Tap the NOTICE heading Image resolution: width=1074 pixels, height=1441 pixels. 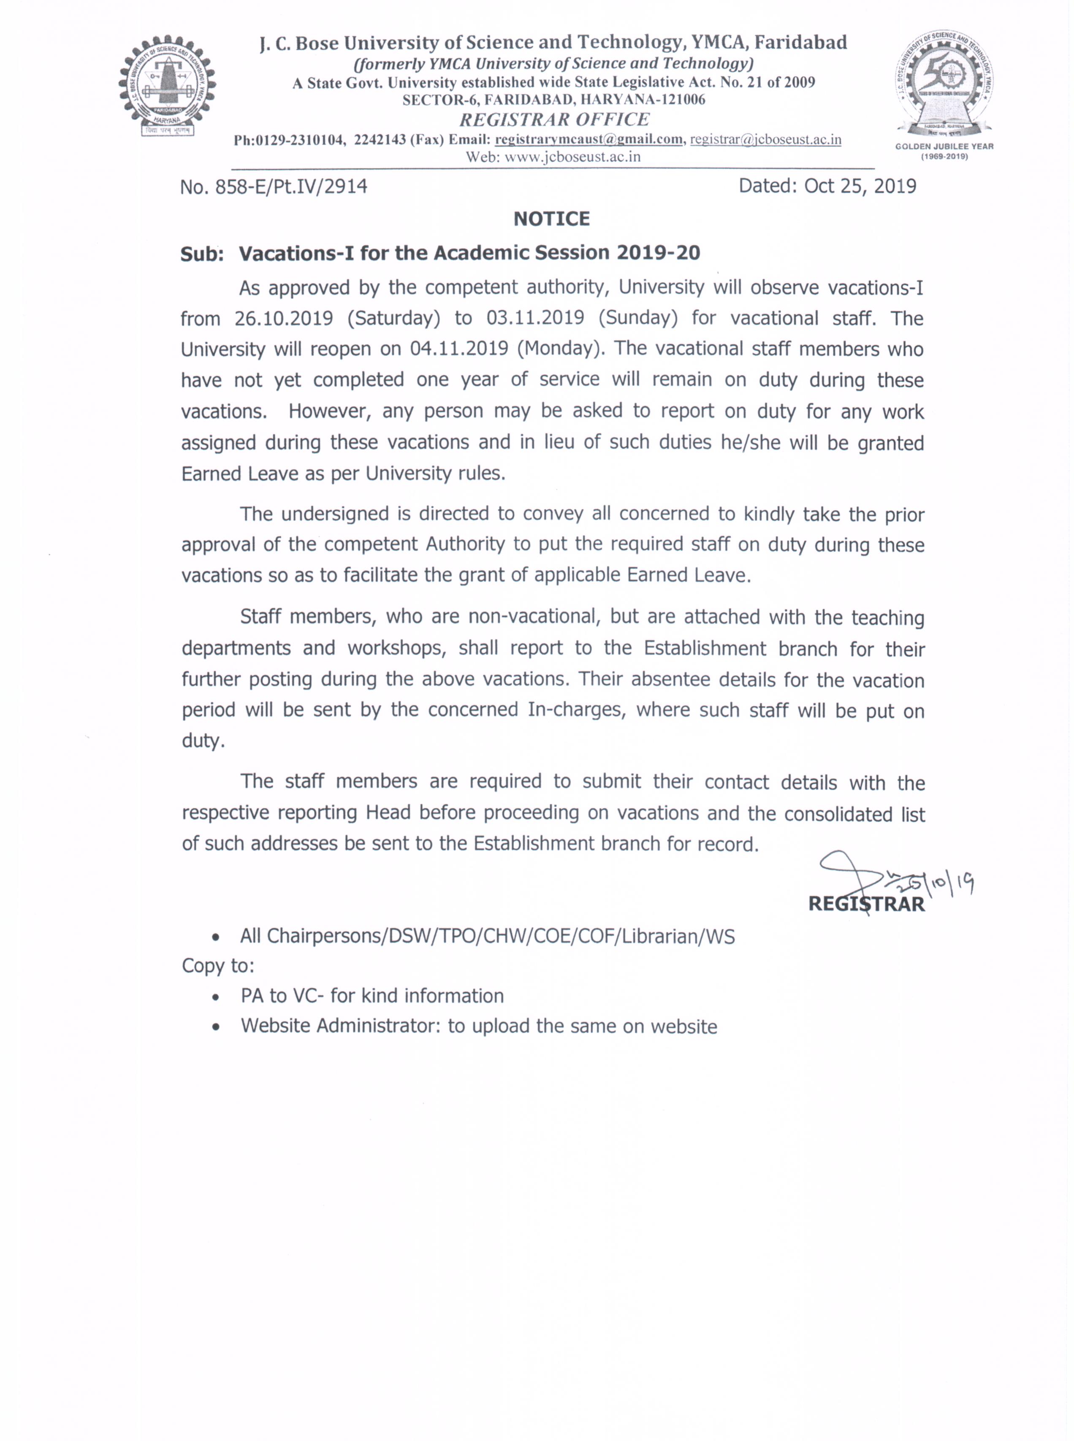tap(551, 219)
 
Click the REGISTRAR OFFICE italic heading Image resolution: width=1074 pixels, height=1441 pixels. tap(554, 119)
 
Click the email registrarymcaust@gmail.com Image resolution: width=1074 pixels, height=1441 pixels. tap(589, 140)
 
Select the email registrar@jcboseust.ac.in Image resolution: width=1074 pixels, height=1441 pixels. tap(765, 140)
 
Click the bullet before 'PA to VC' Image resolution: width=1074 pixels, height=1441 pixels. tap(216, 997)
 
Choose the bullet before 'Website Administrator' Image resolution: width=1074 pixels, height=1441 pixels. tap(216, 1027)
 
